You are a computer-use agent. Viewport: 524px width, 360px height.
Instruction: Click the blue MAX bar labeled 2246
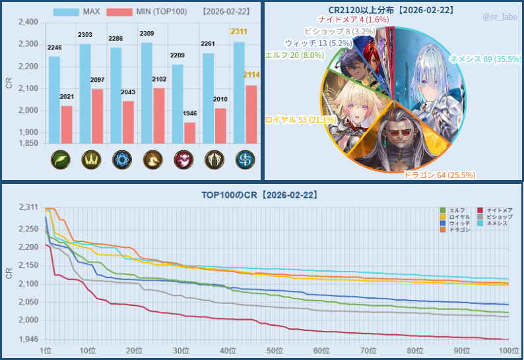pyautogui.click(x=54, y=99)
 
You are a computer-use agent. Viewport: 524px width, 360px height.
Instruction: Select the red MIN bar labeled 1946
pyautogui.click(x=189, y=132)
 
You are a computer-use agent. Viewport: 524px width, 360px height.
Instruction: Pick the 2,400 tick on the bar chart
pyautogui.click(x=26, y=22)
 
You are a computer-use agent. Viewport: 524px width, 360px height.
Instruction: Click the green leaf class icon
pyautogui.click(x=60, y=160)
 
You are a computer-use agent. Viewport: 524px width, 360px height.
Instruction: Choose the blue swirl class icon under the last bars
pyautogui.click(x=244, y=160)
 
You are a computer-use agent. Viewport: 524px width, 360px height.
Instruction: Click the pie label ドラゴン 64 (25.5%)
pyautogui.click(x=439, y=175)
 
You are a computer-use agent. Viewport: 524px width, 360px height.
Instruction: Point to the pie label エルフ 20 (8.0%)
pyautogui.click(x=294, y=55)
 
